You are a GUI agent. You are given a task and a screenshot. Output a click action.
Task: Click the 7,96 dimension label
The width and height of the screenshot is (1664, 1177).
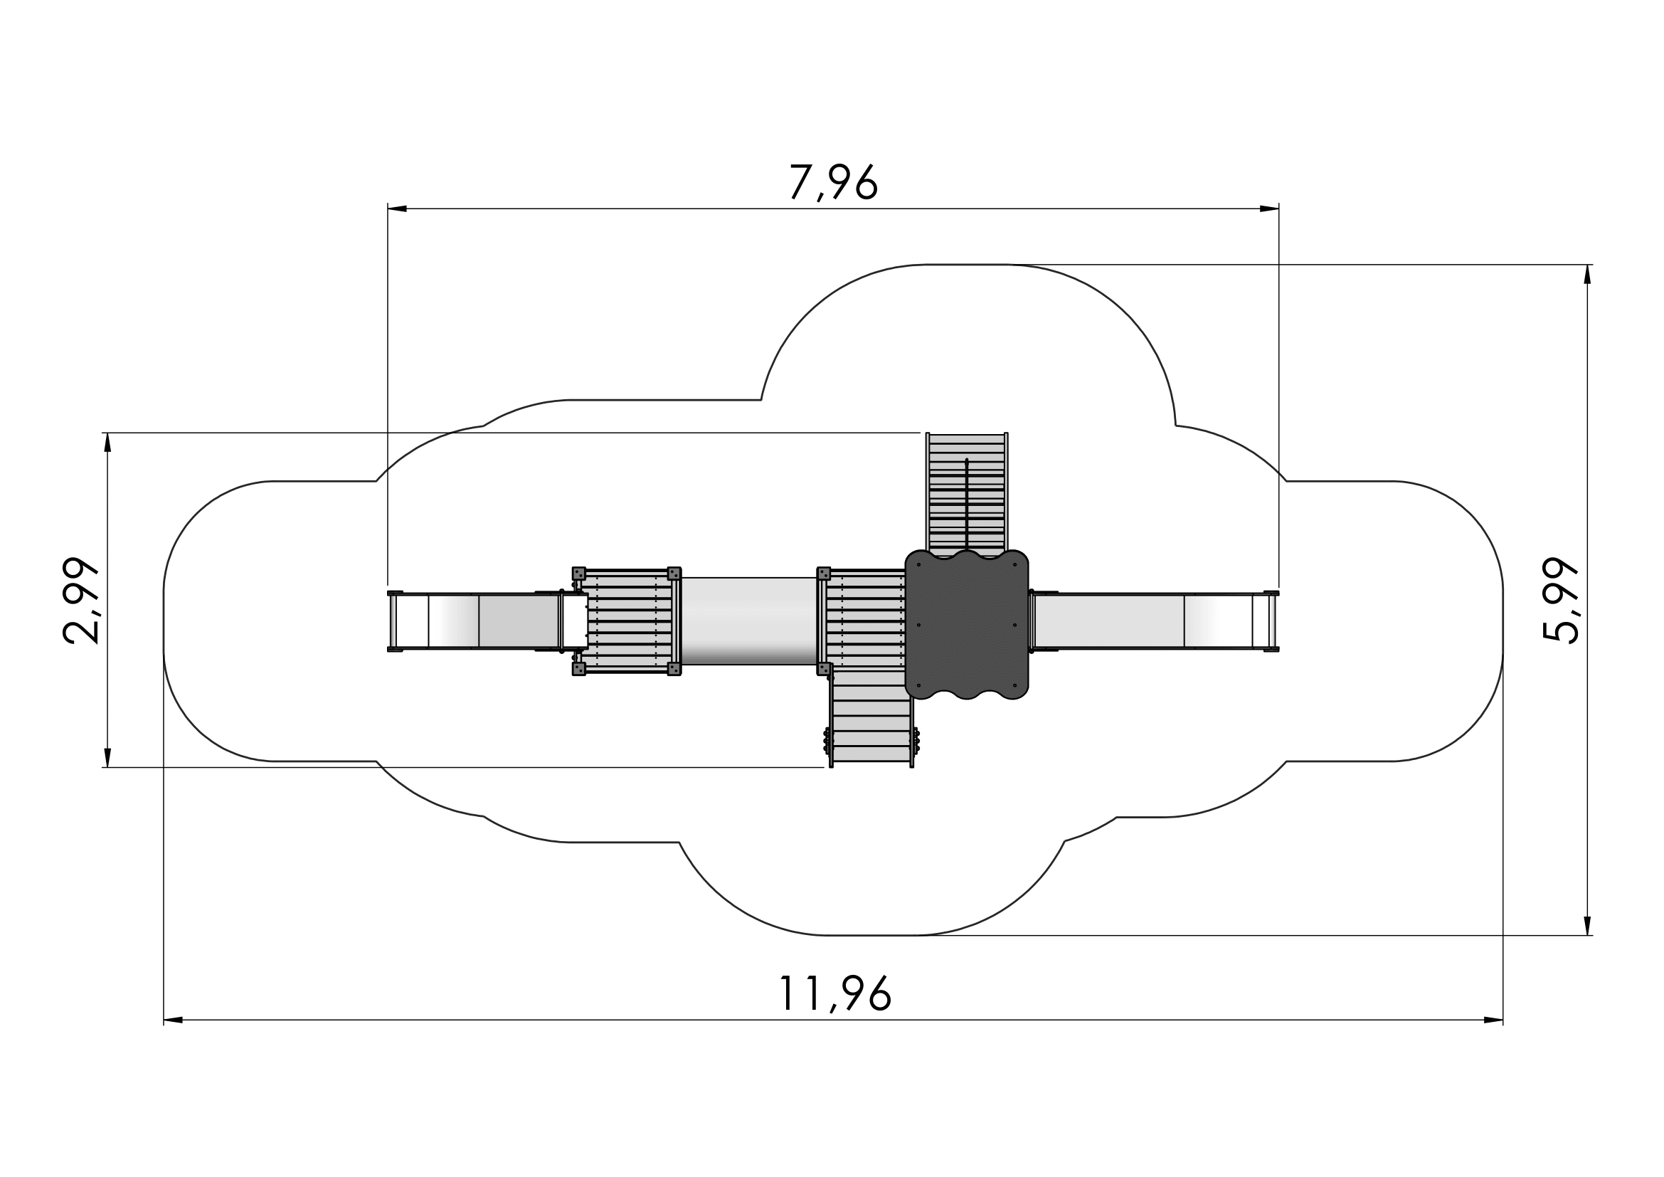click(834, 182)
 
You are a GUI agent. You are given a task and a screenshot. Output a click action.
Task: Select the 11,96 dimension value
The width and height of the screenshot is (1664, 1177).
click(834, 993)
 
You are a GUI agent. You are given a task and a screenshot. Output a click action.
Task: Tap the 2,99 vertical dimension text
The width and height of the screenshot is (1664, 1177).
click(80, 600)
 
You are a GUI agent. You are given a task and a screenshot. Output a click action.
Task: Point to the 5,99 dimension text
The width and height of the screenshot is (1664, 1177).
click(1560, 600)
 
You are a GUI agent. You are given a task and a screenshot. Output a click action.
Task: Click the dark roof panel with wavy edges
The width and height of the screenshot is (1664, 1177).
click(967, 625)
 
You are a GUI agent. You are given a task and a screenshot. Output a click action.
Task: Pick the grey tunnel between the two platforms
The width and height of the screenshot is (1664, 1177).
click(748, 621)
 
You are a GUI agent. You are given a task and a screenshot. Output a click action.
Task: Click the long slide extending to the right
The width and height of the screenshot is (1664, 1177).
click(1154, 621)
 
